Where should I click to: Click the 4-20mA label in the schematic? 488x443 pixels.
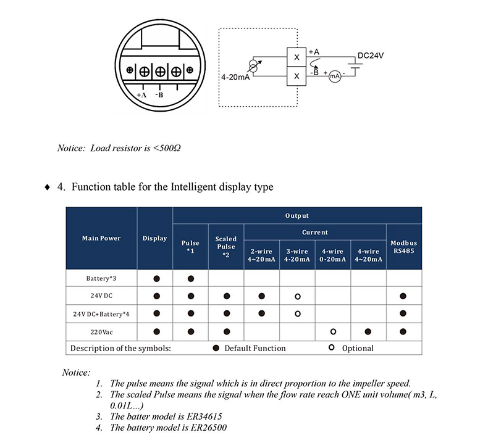pyautogui.click(x=235, y=78)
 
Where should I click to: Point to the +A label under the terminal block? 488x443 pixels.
pyautogui.click(x=141, y=95)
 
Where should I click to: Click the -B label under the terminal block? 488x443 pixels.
pyautogui.click(x=159, y=95)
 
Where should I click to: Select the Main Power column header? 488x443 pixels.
pyautogui.click(x=101, y=238)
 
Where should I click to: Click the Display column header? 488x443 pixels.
pyautogui.click(x=154, y=238)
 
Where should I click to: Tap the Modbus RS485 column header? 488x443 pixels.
pyautogui.click(x=404, y=247)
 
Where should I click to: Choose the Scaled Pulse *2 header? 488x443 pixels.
pyautogui.click(x=226, y=246)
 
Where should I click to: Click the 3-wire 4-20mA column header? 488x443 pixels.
pyautogui.click(x=297, y=255)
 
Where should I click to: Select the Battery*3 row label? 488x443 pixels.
pyautogui.click(x=101, y=278)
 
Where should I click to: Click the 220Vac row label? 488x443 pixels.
pyautogui.click(x=101, y=331)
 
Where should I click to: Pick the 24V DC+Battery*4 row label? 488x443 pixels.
pyautogui.click(x=101, y=314)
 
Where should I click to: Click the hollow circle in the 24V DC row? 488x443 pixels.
pyautogui.click(x=297, y=296)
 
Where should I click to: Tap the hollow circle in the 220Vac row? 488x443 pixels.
pyautogui.click(x=333, y=331)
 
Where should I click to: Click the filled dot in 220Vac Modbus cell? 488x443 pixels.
pyautogui.click(x=404, y=331)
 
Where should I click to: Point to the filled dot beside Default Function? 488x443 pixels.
pyautogui.click(x=216, y=348)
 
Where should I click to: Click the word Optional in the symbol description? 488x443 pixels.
pyautogui.click(x=358, y=348)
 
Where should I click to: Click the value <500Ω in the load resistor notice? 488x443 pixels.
pyautogui.click(x=167, y=149)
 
